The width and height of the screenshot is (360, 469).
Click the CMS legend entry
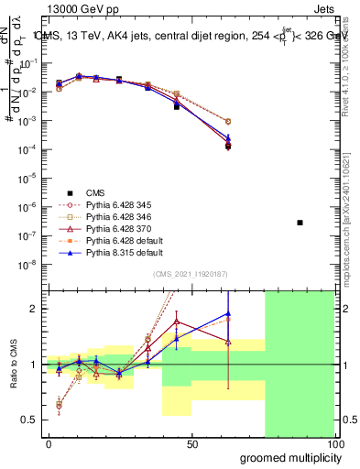click(x=96, y=192)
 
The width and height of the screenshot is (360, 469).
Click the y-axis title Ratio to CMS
click(x=15, y=363)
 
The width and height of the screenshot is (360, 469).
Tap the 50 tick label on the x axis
click(x=192, y=444)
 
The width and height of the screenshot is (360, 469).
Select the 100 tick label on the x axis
click(x=335, y=444)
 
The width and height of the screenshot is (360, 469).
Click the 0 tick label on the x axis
click(x=49, y=444)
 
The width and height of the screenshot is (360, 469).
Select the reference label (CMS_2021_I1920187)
click(x=191, y=275)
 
